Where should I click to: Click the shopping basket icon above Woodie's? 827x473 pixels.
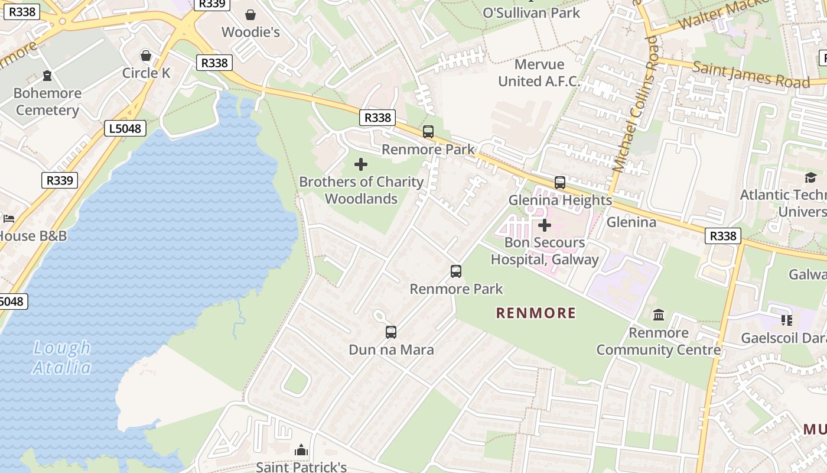tap(250, 14)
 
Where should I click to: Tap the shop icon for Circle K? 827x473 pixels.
tap(146, 56)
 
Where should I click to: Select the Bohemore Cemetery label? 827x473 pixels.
tap(47, 102)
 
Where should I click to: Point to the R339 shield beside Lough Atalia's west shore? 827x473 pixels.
tap(60, 180)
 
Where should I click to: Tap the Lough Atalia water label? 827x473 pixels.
tap(62, 358)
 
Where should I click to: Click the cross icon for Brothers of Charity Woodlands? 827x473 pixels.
tap(361, 164)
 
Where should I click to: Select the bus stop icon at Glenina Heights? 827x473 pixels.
tap(560, 183)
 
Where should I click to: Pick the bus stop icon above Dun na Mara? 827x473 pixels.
tap(391, 332)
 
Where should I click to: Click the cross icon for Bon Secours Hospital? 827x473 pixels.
tap(545, 225)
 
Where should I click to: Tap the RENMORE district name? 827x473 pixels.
tap(536, 313)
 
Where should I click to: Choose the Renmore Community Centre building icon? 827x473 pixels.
tap(659, 315)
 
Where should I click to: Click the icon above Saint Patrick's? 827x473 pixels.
tap(301, 451)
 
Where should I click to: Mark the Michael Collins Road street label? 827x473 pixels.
tap(635, 103)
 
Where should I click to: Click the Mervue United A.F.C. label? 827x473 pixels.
tap(539, 73)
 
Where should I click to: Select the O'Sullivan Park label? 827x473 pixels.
tap(532, 12)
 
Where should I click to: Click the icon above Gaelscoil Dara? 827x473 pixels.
tap(786, 320)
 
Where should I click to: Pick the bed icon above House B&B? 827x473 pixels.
tap(8, 219)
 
